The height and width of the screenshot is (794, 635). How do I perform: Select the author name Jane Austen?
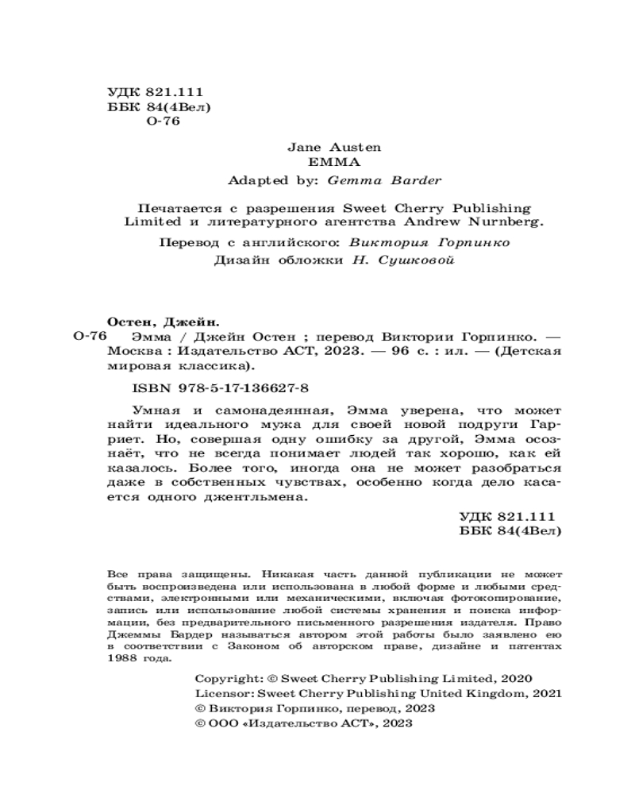click(x=322, y=147)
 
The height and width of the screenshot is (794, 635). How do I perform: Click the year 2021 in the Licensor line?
click(x=546, y=694)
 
